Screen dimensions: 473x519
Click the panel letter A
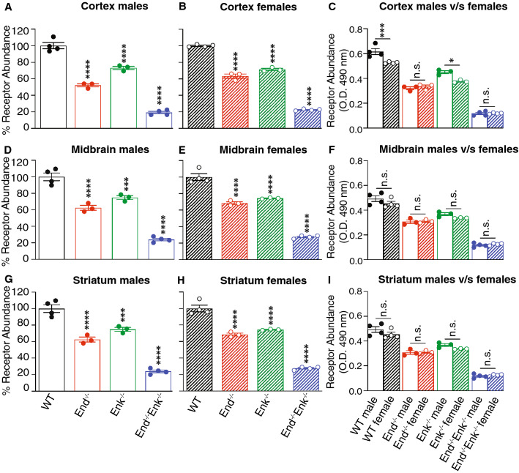[6, 10]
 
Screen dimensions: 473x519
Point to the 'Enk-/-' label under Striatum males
[121, 410]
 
